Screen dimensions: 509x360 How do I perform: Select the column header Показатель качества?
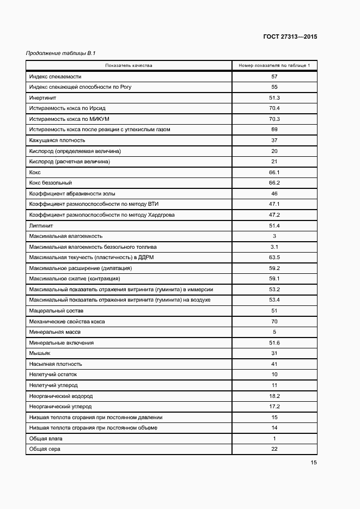(x=129, y=66)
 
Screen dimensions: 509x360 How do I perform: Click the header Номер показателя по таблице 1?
(x=274, y=66)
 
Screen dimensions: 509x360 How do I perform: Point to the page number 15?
(x=313, y=463)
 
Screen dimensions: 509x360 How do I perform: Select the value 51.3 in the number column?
(x=274, y=98)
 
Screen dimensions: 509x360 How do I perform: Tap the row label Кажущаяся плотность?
(x=54, y=140)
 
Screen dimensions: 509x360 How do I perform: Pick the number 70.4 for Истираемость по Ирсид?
(x=274, y=108)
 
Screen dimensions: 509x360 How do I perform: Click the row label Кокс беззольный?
(x=51, y=183)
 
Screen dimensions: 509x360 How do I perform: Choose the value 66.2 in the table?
(x=274, y=183)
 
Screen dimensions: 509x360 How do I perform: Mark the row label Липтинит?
(x=41, y=225)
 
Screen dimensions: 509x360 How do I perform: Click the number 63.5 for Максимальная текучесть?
(x=274, y=257)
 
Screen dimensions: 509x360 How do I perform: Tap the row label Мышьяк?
(x=40, y=353)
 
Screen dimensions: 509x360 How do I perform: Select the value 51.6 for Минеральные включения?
(x=274, y=343)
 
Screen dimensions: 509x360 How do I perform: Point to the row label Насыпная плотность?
(x=56, y=364)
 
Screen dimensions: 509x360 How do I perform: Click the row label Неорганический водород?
(x=61, y=396)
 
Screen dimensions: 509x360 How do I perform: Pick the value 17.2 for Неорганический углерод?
(x=274, y=407)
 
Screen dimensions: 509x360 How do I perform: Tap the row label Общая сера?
(x=45, y=449)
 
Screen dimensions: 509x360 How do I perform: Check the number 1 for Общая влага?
(x=274, y=439)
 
